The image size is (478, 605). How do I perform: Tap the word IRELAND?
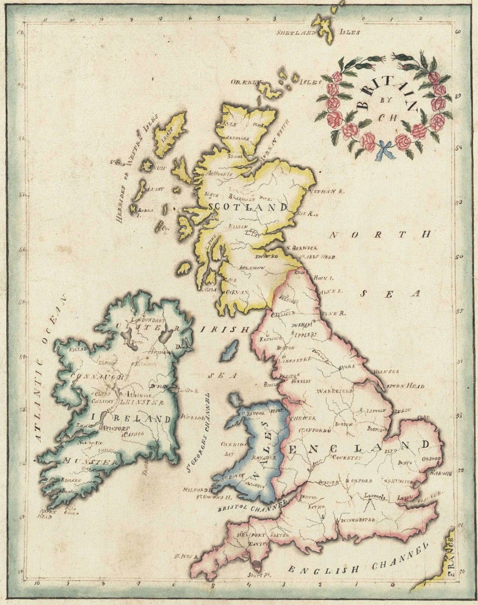[x=131, y=419]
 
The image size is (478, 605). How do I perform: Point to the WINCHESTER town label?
[x=358, y=519]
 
